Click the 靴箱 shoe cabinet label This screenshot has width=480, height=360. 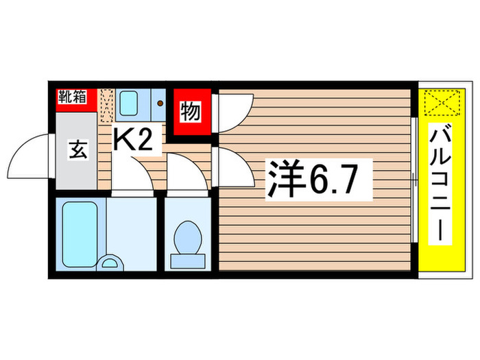71,97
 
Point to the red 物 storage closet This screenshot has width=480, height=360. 190,111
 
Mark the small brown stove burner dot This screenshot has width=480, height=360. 159,105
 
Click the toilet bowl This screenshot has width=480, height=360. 186,237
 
